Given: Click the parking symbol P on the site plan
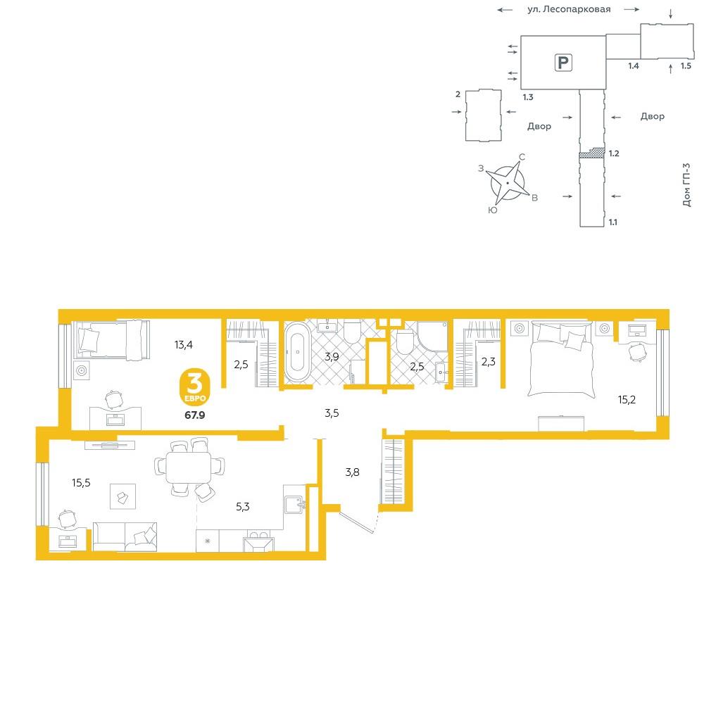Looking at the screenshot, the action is click(x=563, y=63).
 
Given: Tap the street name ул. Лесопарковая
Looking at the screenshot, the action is click(x=568, y=9).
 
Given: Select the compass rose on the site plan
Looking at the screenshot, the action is click(x=508, y=183).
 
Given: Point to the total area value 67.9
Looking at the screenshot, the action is click(x=195, y=415).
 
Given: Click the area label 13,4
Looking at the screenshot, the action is click(x=184, y=345).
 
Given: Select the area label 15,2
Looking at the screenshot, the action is click(x=627, y=400).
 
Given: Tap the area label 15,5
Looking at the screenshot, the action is click(x=81, y=483).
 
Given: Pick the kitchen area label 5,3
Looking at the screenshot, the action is click(x=242, y=507).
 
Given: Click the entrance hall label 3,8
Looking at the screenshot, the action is click(x=353, y=472).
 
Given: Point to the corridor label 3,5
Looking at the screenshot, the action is click(x=332, y=413).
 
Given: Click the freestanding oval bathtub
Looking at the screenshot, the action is click(x=297, y=352).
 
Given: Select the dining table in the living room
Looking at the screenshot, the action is click(x=189, y=467).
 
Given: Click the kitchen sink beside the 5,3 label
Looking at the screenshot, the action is click(x=295, y=504).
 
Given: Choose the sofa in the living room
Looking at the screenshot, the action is click(x=125, y=536).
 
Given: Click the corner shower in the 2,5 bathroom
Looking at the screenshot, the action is click(x=433, y=337).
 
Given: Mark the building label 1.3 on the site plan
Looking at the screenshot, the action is click(x=528, y=97).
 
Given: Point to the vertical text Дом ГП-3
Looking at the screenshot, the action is click(x=686, y=184).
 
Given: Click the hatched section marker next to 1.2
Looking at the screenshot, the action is click(x=592, y=153).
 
